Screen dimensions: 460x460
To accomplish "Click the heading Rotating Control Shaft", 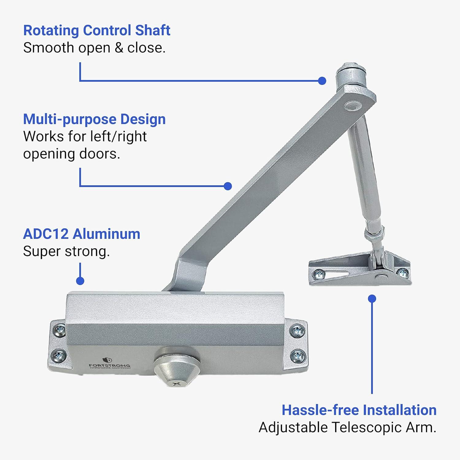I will click(97, 30).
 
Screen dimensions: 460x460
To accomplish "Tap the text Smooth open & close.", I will click(94, 48).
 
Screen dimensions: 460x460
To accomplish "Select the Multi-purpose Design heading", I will click(94, 119).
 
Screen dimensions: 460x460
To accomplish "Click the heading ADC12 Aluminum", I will click(82, 234).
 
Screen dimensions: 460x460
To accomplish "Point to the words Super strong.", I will click(66, 251).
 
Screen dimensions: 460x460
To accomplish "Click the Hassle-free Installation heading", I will click(359, 410).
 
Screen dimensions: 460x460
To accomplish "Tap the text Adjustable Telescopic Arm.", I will click(347, 427).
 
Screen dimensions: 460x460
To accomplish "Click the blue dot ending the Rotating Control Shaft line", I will click(322, 81).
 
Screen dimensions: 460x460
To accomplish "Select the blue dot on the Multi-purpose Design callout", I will click(228, 186).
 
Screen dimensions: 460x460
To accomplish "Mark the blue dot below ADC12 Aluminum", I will click(80, 281).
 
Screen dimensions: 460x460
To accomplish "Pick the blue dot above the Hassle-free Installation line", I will click(372, 299).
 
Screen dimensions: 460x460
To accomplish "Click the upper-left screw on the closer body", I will click(59, 330).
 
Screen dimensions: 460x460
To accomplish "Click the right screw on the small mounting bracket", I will click(402, 272).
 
